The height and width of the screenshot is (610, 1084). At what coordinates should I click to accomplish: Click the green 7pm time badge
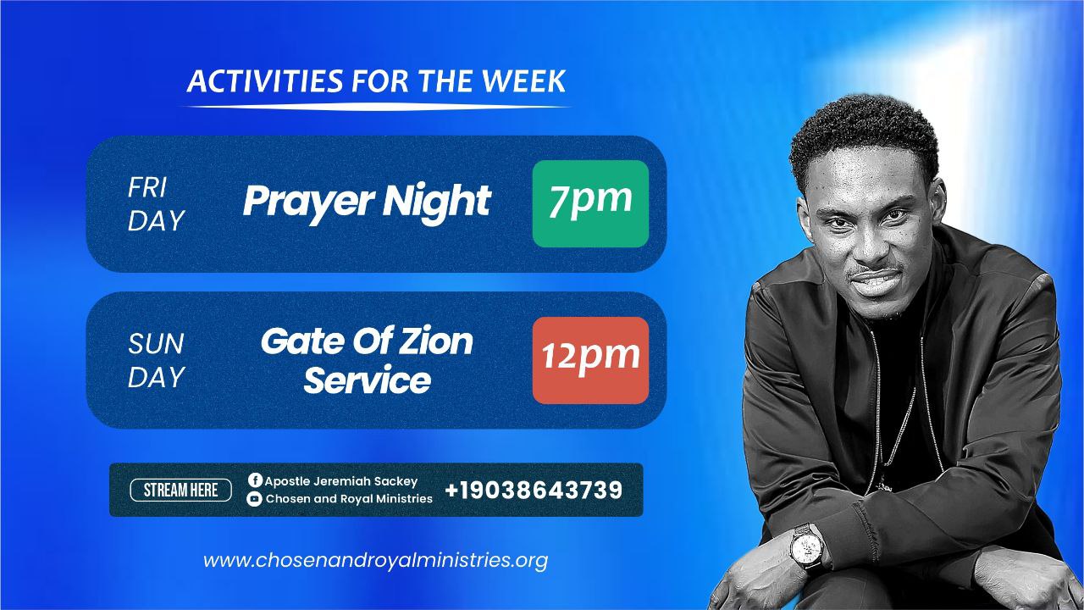(590, 204)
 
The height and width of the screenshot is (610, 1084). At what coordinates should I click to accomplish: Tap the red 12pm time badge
(590, 360)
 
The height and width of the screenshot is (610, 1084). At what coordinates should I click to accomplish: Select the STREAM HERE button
(180, 490)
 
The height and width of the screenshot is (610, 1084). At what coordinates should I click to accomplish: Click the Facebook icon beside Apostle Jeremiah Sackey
(255, 480)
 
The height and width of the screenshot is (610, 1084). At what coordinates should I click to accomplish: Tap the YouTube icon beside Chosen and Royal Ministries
(254, 499)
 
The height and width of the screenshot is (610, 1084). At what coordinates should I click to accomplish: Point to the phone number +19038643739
(534, 490)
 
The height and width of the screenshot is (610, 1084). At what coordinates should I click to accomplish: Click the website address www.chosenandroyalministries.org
(375, 561)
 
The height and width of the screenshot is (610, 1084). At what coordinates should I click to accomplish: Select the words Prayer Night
(367, 202)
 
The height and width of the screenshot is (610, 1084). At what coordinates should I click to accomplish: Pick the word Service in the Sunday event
(368, 380)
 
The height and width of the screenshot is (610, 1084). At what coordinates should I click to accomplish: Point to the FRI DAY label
(156, 204)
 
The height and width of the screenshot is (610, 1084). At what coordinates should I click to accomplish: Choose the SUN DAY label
(156, 360)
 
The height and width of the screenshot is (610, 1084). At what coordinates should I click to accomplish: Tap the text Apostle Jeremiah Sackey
(340, 481)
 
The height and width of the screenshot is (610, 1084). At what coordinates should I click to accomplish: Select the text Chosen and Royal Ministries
(349, 499)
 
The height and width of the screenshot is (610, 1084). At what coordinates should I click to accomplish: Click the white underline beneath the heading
(377, 107)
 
